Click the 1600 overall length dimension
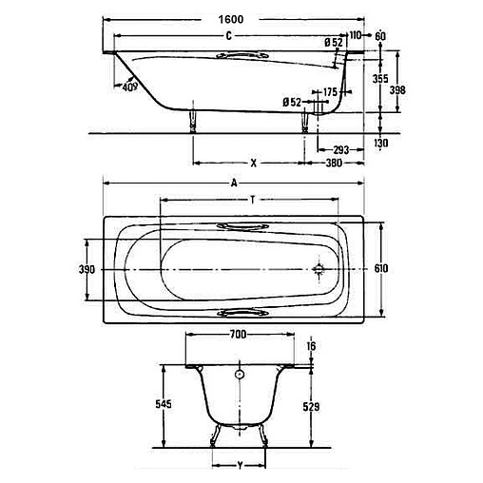[231, 20]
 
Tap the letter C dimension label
[229, 36]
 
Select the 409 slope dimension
[130, 87]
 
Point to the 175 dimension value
[330, 92]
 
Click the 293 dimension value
[340, 149]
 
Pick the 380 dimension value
[334, 163]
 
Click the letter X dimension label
[254, 164]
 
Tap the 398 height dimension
[397, 90]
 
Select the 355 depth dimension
[380, 79]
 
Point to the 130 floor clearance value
[380, 144]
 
